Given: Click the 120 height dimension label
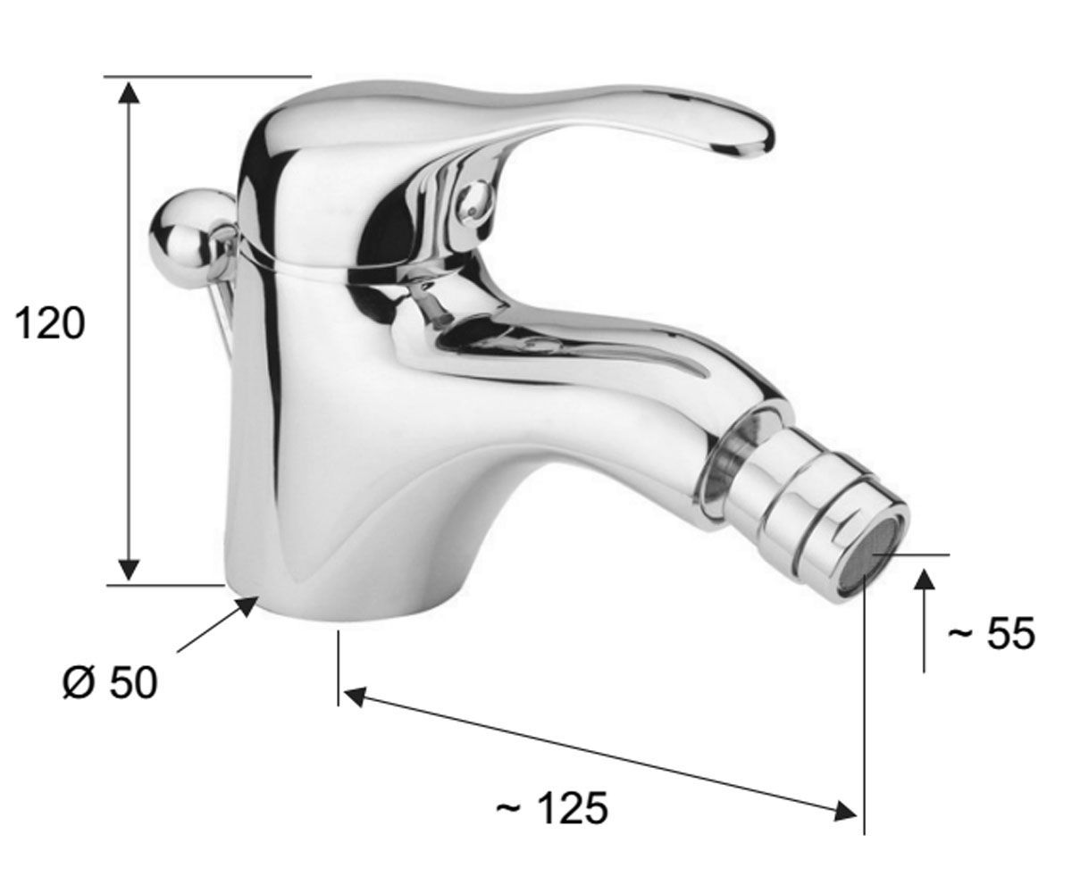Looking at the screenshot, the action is pyautogui.click(x=50, y=323).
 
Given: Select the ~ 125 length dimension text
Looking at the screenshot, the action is pyautogui.click(x=552, y=808).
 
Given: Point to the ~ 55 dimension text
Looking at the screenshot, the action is pyautogui.click(x=992, y=633).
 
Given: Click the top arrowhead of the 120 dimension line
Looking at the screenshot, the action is pyautogui.click(x=130, y=93).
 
